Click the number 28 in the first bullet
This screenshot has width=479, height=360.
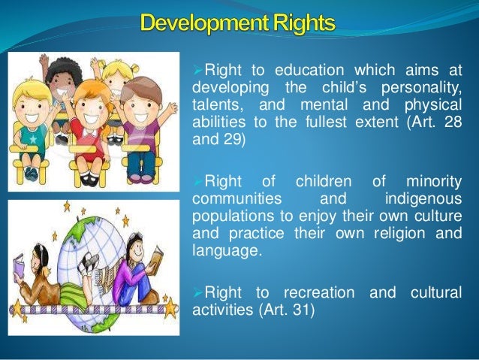(453, 126)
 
